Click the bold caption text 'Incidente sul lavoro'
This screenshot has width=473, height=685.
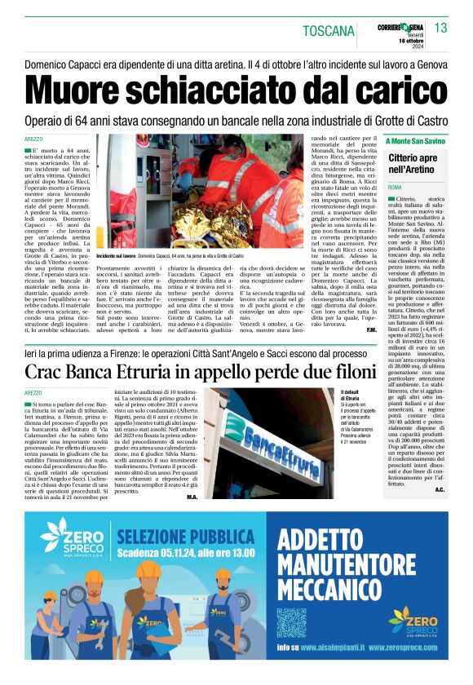point(116,256)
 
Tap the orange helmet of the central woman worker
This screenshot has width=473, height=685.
point(148,568)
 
